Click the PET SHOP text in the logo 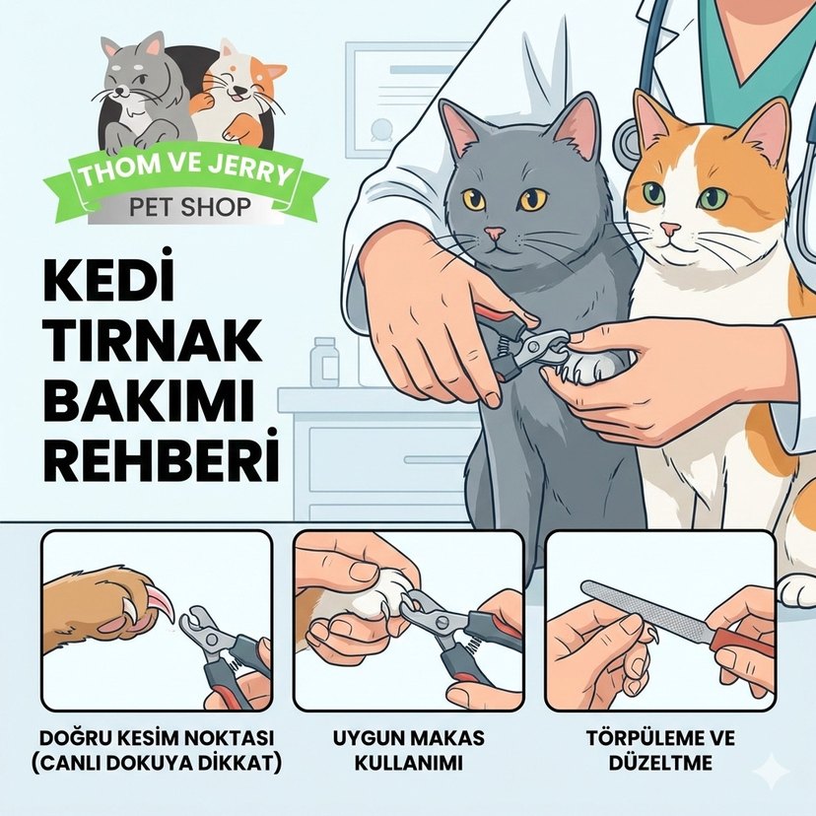pos(189,208)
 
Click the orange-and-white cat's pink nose pos(670,230)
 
